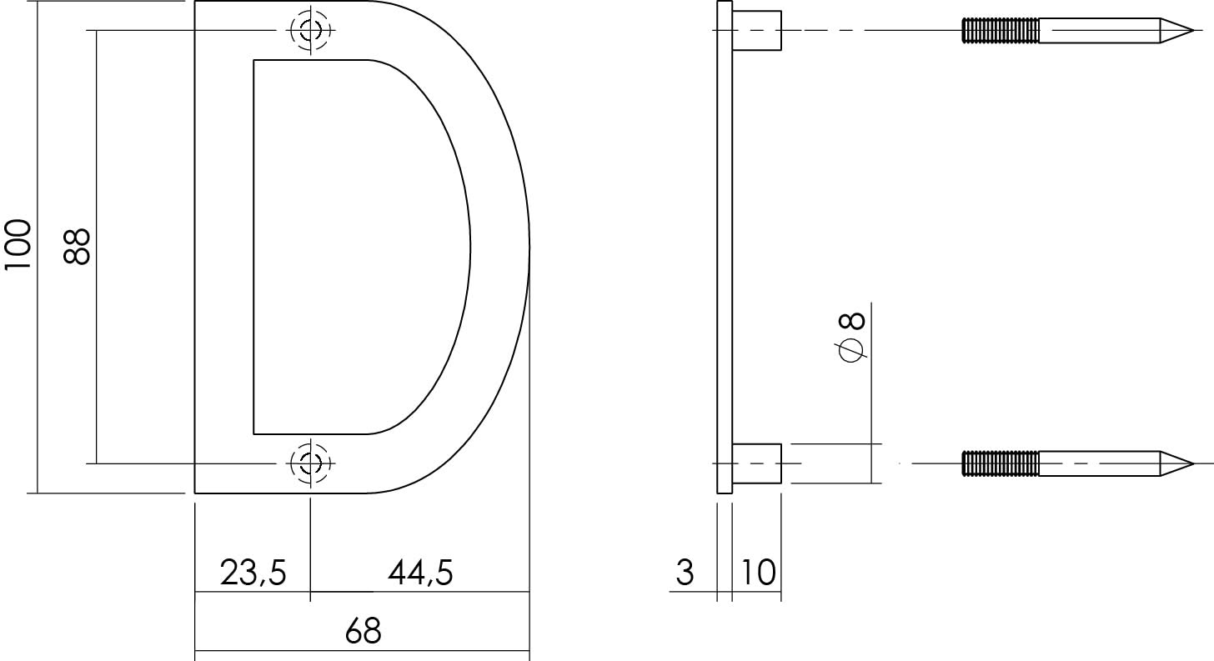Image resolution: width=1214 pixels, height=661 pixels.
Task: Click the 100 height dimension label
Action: coord(18,245)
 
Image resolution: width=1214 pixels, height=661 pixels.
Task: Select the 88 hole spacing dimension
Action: coord(77,246)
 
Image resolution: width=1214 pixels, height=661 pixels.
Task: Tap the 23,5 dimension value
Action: coord(253,573)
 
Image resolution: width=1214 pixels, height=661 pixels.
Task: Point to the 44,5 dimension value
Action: coord(420,573)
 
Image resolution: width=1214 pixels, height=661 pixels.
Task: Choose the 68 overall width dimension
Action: coord(363,632)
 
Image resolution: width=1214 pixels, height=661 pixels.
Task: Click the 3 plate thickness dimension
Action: coord(685,573)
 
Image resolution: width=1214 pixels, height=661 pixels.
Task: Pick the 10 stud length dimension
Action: coord(756,573)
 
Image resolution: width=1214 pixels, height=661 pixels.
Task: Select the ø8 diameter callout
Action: coord(852,338)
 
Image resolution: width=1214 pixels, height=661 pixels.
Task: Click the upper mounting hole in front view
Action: coord(310,31)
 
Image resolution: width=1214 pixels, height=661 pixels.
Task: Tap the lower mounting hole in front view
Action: coord(310,461)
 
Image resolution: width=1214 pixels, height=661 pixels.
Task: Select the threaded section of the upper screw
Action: coord(1001,31)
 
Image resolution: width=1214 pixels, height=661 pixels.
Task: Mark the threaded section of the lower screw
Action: coord(1001,463)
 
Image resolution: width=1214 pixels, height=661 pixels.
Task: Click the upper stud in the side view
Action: coord(756,30)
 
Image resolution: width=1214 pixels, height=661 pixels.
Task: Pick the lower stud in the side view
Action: coord(756,463)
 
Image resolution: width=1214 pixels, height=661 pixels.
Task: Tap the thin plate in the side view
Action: coord(725,247)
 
